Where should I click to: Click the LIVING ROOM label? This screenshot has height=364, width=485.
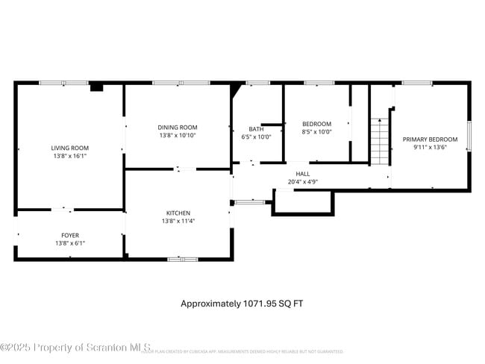(69, 148)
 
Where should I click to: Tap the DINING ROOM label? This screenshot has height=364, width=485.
(178, 128)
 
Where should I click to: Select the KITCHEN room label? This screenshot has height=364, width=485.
(178, 213)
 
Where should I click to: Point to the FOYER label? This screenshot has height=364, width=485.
(70, 235)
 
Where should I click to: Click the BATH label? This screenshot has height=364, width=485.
(257, 128)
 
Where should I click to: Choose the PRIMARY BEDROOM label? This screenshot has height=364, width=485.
(430, 139)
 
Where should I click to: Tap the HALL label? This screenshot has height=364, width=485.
(302, 173)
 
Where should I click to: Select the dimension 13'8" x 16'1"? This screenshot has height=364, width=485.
(70, 157)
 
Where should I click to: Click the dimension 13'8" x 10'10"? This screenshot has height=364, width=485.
(178, 136)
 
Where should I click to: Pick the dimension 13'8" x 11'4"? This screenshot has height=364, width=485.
(178, 221)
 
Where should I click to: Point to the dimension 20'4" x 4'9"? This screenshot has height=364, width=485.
(302, 181)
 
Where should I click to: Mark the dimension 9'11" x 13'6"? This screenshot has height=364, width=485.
(430, 148)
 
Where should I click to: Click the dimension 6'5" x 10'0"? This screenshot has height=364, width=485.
(257, 136)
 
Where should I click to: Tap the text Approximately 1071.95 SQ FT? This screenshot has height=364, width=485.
(242, 304)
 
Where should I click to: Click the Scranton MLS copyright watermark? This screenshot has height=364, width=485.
(76, 348)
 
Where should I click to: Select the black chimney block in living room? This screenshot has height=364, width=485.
(96, 87)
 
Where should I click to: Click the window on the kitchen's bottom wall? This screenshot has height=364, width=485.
(182, 259)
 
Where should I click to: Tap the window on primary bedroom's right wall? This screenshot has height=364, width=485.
(469, 136)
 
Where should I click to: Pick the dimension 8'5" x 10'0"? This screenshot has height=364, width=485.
(316, 132)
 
